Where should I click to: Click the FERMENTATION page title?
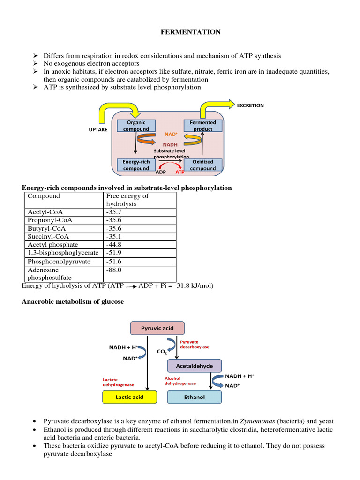click(x=191, y=32)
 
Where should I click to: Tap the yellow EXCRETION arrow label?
click(x=250, y=105)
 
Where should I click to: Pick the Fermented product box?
click(x=202, y=126)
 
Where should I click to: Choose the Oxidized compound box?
click(x=202, y=165)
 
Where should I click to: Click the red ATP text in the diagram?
click(x=180, y=172)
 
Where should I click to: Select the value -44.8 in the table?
click(x=114, y=245)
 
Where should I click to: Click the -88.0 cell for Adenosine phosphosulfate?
click(x=114, y=270)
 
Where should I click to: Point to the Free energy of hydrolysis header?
click(x=127, y=200)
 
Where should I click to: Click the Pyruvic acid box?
click(x=157, y=328)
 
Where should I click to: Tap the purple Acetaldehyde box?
click(x=194, y=366)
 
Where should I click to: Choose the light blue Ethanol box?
click(x=194, y=397)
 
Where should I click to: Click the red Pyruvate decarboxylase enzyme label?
click(x=195, y=344)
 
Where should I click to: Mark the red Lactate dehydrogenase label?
click(x=118, y=382)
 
